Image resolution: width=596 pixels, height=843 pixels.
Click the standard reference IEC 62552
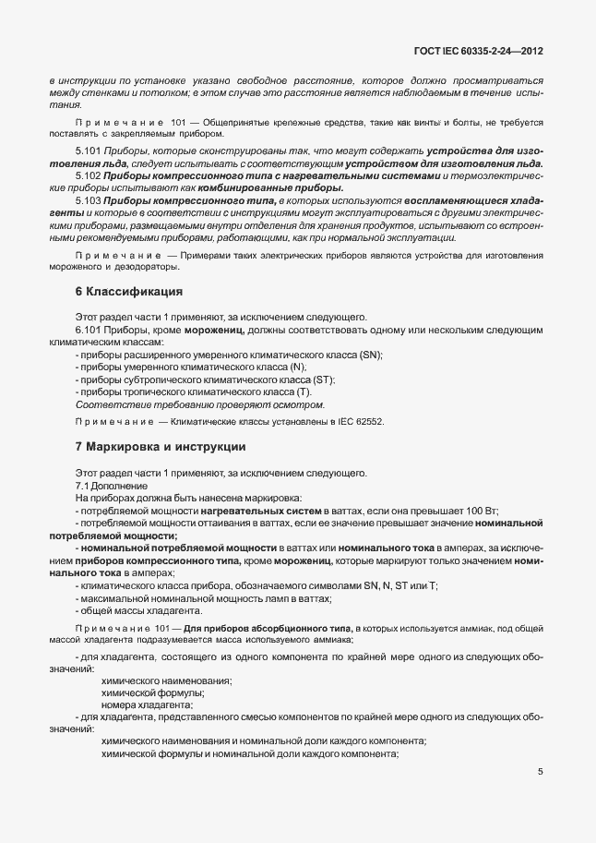click(356, 421)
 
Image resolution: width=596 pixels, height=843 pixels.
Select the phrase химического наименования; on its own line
click(166, 680)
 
